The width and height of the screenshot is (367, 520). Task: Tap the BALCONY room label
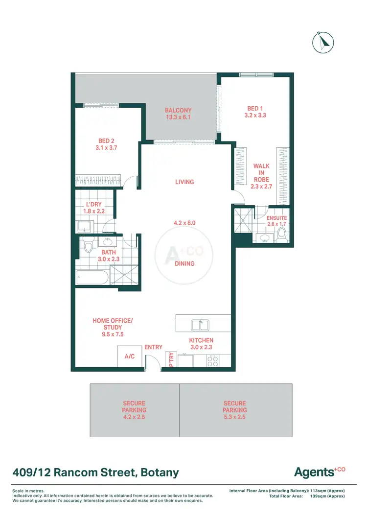[x=178, y=111]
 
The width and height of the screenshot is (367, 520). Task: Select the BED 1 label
[x=255, y=109]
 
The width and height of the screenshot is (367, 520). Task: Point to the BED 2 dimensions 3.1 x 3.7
[x=106, y=147]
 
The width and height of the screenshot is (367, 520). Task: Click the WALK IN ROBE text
[x=261, y=173]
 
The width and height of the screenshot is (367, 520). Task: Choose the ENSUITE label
[x=276, y=218]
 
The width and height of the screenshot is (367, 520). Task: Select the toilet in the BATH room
[x=89, y=244]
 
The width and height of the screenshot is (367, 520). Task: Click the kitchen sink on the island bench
[x=200, y=325]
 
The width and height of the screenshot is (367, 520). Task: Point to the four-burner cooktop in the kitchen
[x=213, y=361]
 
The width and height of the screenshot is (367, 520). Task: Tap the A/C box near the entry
[x=130, y=356]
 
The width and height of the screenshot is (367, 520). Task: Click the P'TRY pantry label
[x=171, y=360]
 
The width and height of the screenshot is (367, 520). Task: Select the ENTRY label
[x=153, y=347]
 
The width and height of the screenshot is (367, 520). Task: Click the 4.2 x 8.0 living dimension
[x=184, y=223]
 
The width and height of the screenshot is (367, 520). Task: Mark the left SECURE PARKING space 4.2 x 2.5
[x=134, y=410]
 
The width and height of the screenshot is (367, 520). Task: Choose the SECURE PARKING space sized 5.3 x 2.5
[x=234, y=410]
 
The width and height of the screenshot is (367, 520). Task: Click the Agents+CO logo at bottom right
[x=319, y=472]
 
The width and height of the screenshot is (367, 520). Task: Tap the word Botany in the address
[x=160, y=473]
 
